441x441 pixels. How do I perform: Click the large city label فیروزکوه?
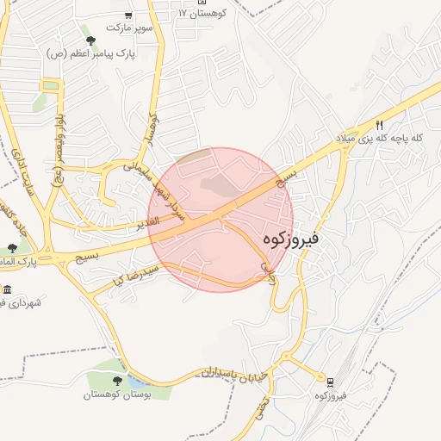pos(289,238)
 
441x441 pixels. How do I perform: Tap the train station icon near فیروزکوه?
pos(331,381)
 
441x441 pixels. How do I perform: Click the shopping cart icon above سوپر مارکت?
pos(128,16)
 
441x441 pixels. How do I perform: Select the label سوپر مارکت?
pos(129,28)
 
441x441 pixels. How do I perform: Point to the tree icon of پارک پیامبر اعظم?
pos(90,40)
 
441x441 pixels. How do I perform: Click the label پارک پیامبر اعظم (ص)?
pos(92,53)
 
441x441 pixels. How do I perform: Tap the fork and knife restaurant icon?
pos(379,125)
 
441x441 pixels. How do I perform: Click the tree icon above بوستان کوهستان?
pos(117,380)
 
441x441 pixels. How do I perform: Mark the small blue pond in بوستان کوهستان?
pos(138,381)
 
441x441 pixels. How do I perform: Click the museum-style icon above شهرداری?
pos(8,289)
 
